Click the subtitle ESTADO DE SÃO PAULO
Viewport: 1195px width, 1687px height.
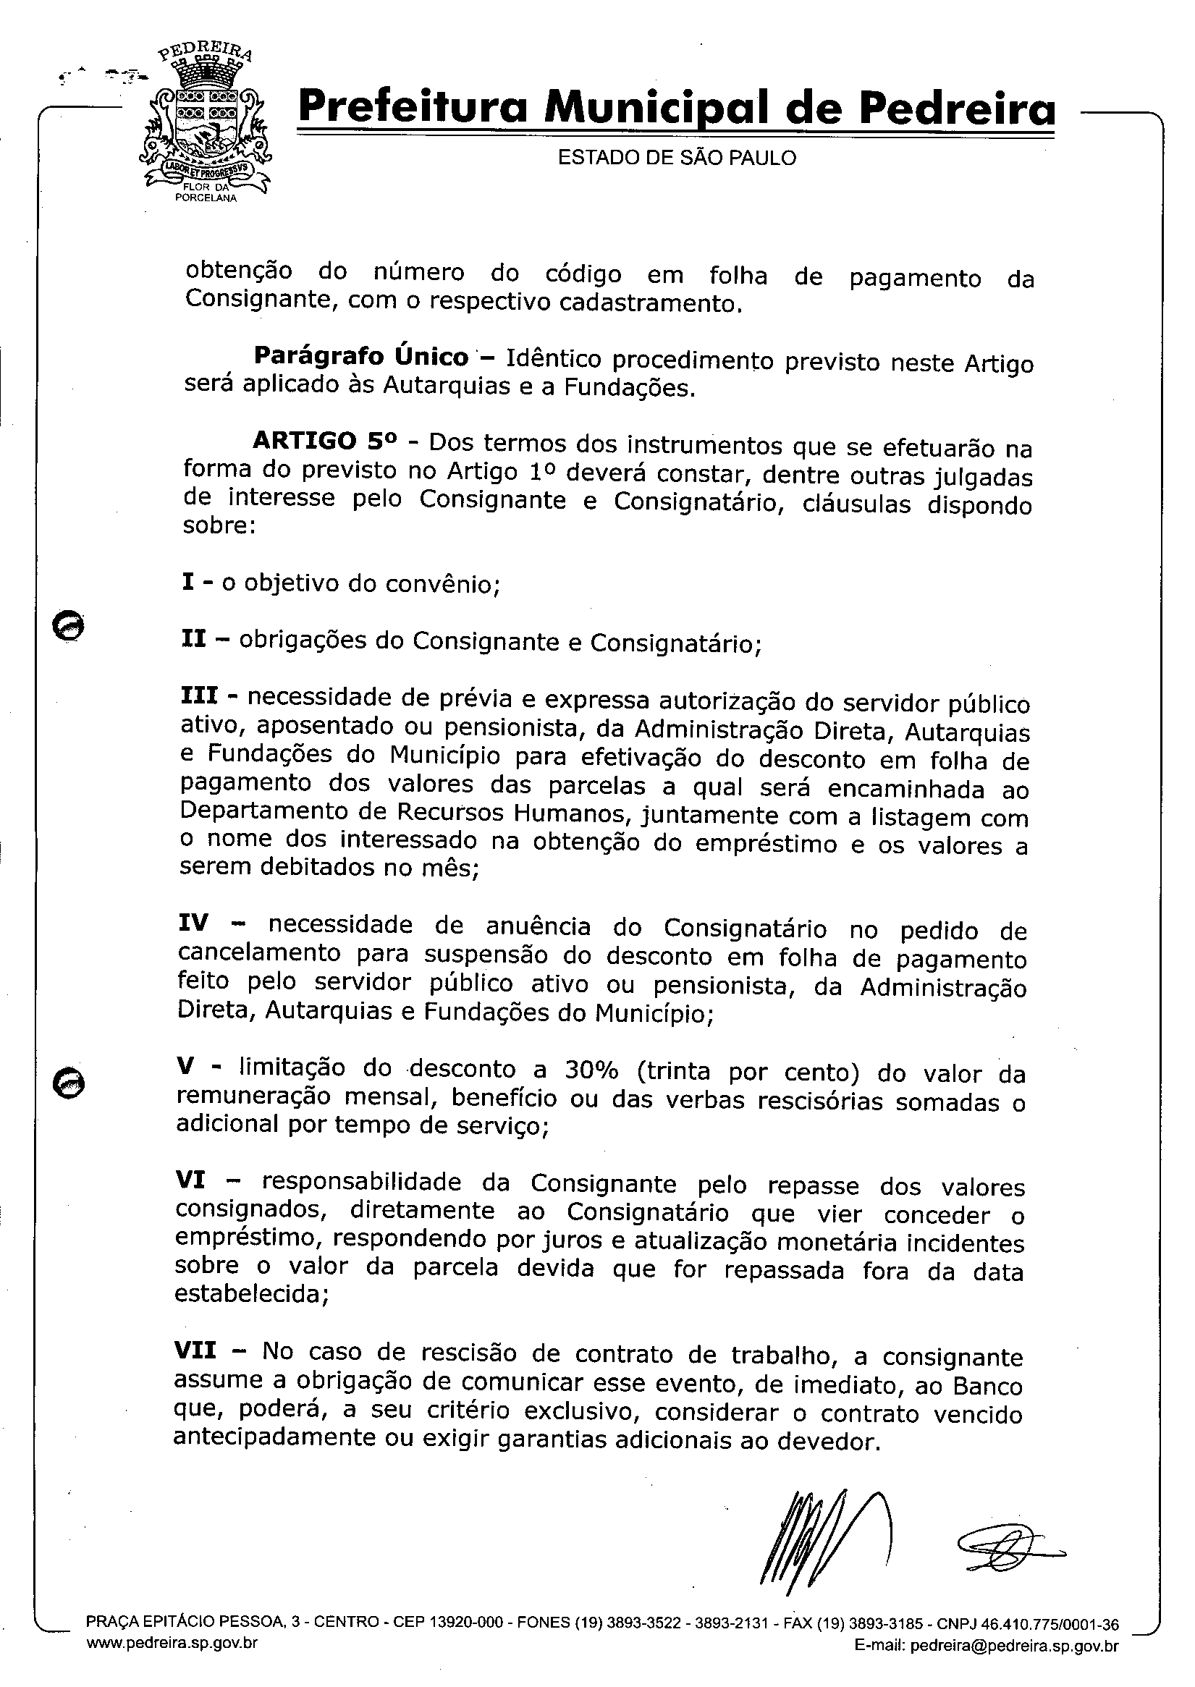point(676,158)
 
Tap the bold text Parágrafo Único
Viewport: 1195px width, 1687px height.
point(360,357)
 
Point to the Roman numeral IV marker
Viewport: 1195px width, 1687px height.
point(193,923)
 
